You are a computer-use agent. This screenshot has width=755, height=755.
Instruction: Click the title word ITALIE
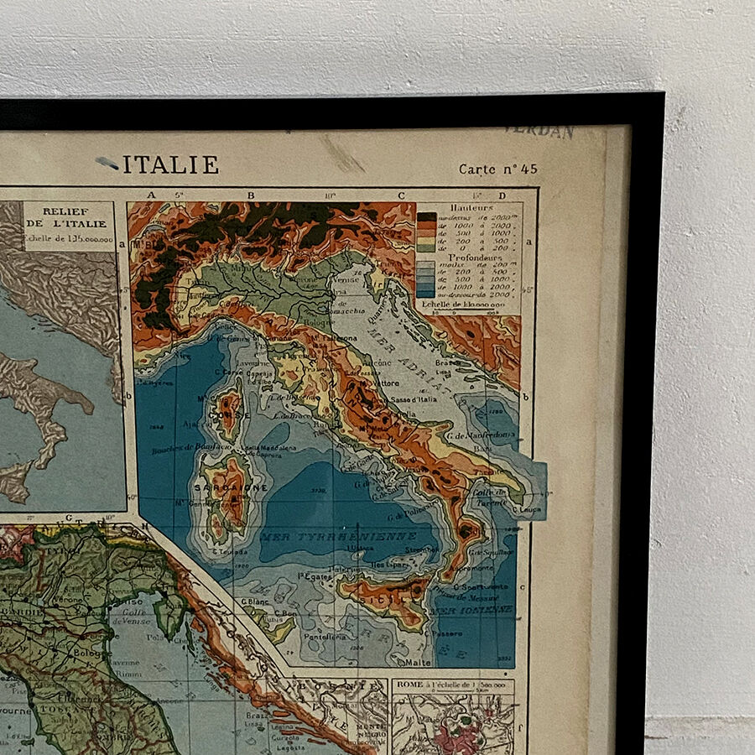[171, 165]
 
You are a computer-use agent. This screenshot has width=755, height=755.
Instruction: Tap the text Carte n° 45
[497, 169]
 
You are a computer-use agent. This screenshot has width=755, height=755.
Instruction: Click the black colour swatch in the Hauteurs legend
[426, 217]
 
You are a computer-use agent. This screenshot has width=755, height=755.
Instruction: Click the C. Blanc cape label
[253, 601]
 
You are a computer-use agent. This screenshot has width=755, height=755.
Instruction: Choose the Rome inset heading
[453, 685]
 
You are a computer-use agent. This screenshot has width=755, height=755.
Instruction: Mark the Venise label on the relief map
[345, 282]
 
